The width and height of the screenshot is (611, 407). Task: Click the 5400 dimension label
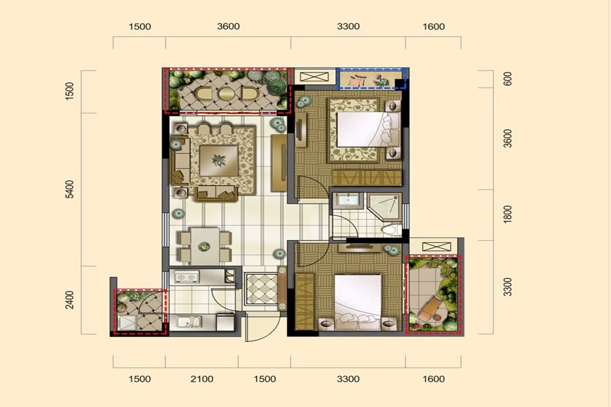coord(69,189)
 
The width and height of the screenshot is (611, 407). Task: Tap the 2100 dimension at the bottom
coord(202,379)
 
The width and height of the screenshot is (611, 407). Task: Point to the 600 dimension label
coord(508,79)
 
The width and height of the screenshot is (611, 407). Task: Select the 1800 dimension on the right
coord(507,214)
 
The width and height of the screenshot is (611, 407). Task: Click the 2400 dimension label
coord(69,300)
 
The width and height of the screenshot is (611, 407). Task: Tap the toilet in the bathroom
coord(392,229)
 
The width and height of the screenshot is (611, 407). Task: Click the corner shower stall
coord(384,206)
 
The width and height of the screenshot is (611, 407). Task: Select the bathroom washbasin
coord(348,200)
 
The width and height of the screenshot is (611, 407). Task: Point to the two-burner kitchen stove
coord(186,277)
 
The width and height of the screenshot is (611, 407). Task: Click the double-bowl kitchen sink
coord(189,322)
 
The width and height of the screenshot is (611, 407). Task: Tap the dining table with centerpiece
coord(204,246)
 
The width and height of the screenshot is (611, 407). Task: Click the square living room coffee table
coord(219,160)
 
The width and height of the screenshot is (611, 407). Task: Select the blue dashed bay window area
coord(372,79)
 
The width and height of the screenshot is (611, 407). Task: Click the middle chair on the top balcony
coord(226,94)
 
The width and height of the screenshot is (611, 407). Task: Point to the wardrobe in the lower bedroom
coord(305,301)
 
